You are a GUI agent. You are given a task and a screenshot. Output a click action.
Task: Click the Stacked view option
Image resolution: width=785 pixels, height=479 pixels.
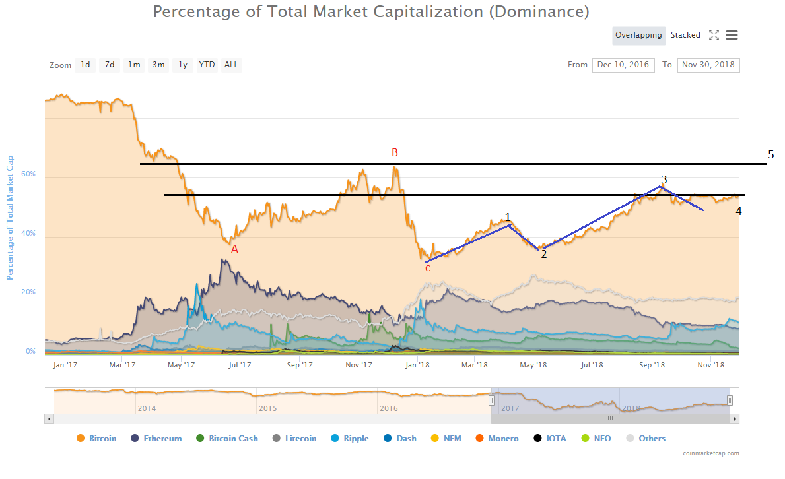685,35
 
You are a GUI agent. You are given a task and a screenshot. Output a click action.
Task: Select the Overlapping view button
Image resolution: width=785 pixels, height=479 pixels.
638,35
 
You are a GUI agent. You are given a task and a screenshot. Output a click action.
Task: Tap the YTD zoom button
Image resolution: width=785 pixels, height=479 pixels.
207,65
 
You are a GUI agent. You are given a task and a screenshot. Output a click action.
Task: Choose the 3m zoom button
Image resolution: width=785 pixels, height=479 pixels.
158,65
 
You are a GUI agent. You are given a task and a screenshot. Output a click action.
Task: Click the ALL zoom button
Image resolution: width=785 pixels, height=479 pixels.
231,65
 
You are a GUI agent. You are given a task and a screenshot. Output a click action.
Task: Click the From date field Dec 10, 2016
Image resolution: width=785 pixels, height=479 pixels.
623,65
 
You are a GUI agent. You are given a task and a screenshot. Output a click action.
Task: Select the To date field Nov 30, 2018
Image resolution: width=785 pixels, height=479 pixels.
708,65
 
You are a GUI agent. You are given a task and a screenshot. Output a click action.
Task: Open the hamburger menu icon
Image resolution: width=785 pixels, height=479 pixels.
732,35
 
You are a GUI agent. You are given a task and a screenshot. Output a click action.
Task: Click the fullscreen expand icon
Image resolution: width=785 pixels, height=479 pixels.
714,35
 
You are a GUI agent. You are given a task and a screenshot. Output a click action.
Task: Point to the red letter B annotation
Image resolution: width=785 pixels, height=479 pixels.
395,153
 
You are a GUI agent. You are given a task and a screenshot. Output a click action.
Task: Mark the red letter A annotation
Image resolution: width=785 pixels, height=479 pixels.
234,249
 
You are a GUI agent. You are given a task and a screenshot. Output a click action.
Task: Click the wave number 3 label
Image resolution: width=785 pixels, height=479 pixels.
664,179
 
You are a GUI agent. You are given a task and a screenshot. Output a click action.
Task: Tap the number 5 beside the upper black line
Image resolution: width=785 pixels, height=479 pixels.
770,155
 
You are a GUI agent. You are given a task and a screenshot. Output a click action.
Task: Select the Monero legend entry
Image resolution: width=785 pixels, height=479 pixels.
496,439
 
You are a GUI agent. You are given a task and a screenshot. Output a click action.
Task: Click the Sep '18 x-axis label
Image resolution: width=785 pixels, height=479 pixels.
652,364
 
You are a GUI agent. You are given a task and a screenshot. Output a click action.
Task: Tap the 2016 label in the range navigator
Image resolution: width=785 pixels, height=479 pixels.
389,408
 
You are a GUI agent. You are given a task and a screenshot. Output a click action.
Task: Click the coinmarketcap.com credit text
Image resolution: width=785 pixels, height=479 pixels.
711,453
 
